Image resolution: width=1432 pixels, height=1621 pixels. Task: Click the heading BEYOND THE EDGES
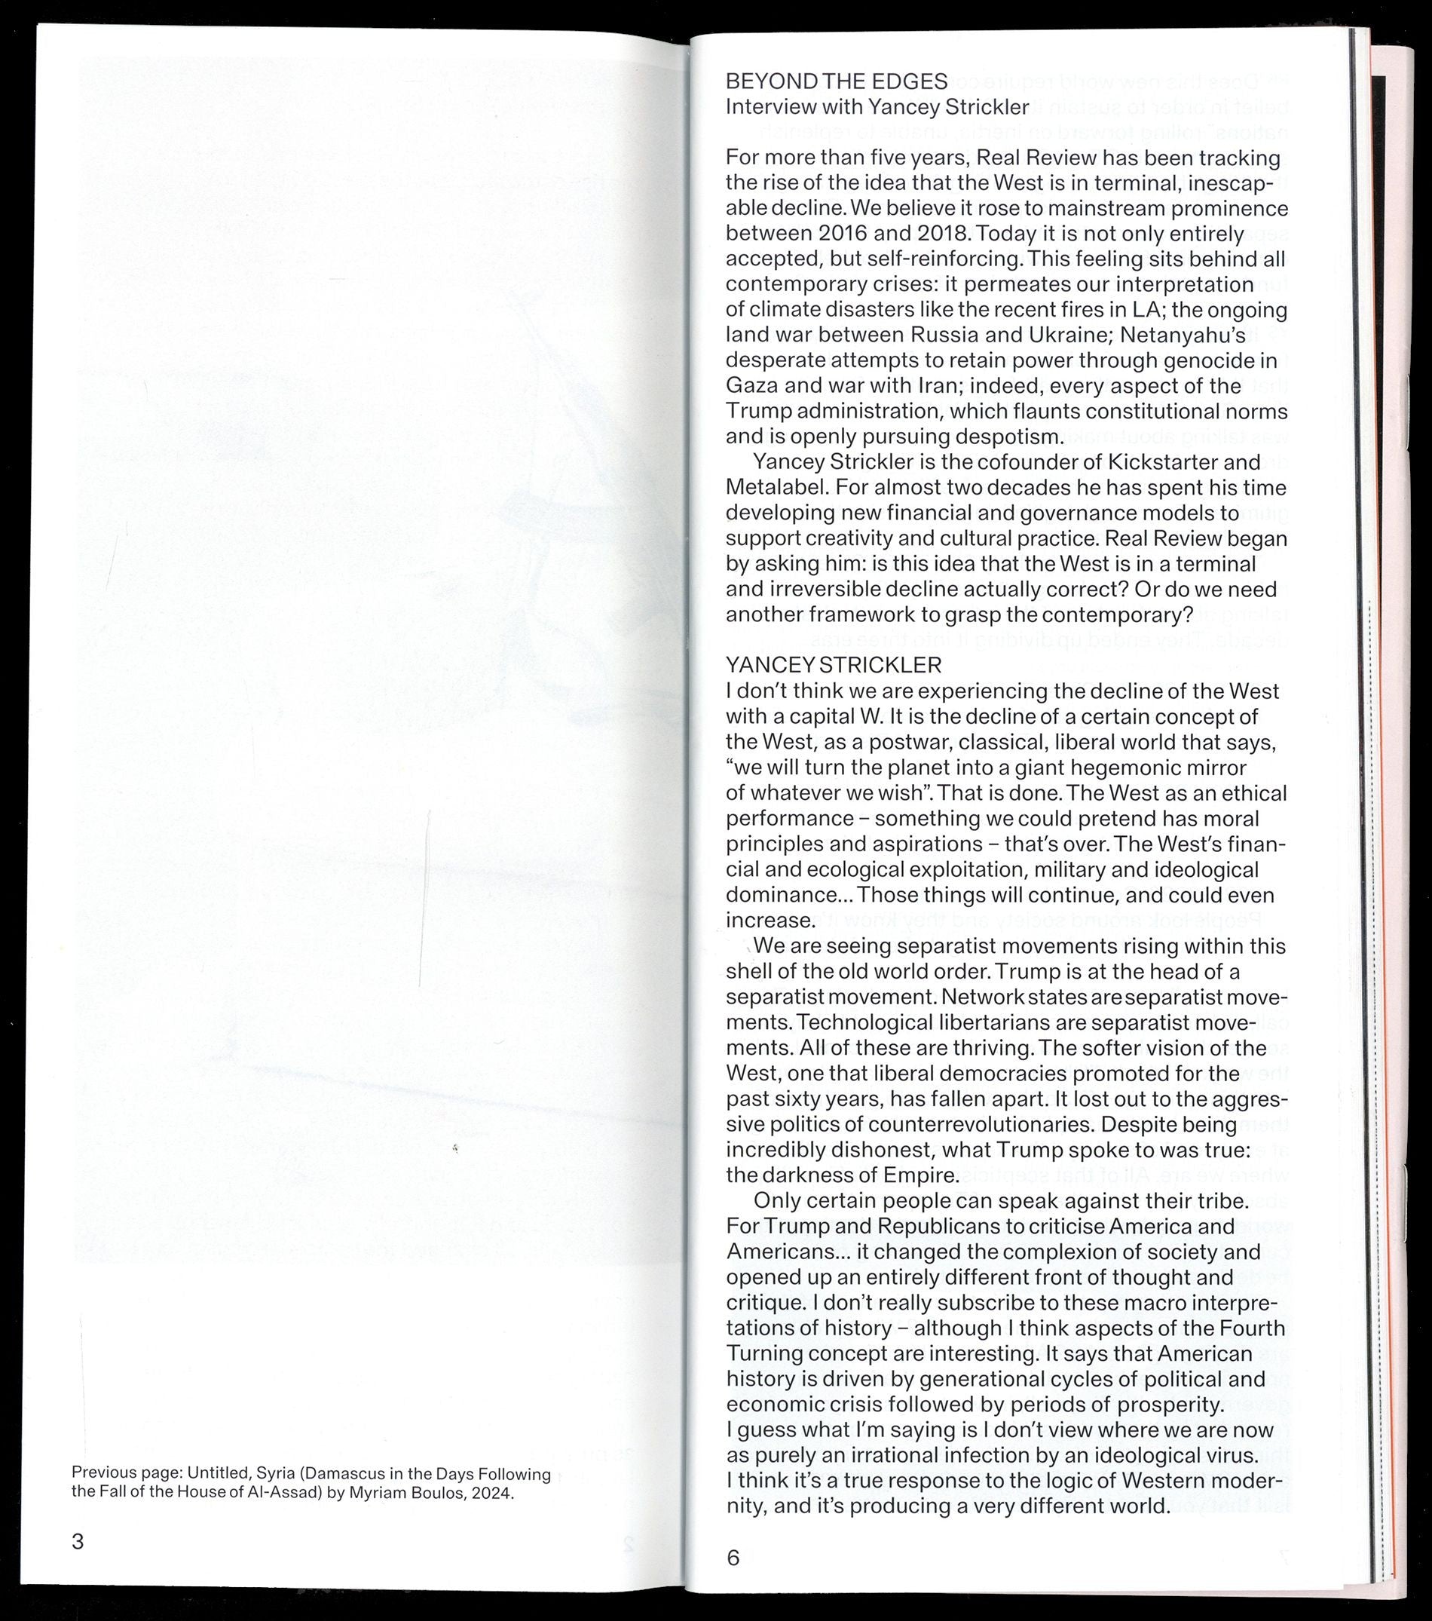coord(837,81)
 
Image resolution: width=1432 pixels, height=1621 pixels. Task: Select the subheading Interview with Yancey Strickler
coord(877,107)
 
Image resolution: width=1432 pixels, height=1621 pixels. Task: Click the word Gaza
coord(750,386)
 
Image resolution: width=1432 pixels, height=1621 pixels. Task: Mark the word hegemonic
coord(1133,768)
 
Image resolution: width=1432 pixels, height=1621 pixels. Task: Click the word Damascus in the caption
coord(362,1473)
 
